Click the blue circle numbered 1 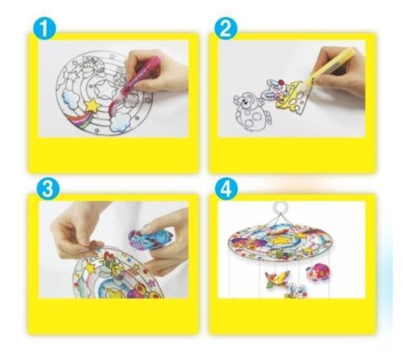(45, 29)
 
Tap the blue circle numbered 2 (225, 29)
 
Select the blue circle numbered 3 (48, 189)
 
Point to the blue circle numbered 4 (226, 190)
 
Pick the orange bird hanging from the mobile (276, 279)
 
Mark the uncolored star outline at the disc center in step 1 (104, 89)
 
